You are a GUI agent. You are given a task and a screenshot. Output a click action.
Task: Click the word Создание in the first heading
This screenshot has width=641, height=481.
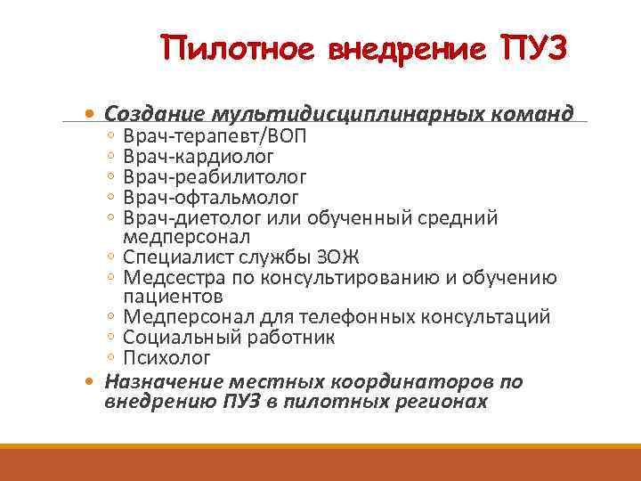click(153, 115)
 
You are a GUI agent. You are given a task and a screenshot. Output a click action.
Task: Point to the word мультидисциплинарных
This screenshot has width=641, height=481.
click(347, 116)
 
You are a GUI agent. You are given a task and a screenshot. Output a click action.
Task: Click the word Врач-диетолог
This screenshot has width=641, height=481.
click(189, 217)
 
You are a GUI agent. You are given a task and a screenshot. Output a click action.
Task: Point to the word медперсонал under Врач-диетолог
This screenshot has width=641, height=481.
click(187, 237)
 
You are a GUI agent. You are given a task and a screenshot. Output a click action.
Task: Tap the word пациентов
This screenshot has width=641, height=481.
click(173, 297)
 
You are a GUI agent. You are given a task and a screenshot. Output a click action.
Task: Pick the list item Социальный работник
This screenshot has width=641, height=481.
click(229, 338)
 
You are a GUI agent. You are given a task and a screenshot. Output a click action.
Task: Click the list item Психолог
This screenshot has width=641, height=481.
click(167, 358)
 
